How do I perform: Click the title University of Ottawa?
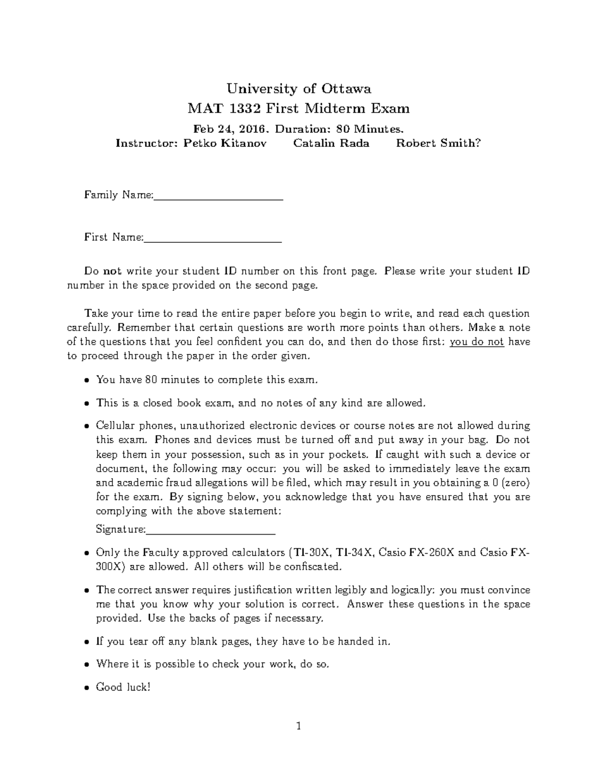pyautogui.click(x=299, y=89)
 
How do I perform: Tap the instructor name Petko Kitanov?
pyautogui.click(x=225, y=143)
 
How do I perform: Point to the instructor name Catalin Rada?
pyautogui.click(x=331, y=143)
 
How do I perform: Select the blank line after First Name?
pyautogui.click(x=213, y=241)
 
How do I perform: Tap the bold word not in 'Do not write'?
pyautogui.click(x=112, y=271)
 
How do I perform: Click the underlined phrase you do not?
pyautogui.click(x=477, y=342)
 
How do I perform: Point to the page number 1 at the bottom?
pyautogui.click(x=299, y=726)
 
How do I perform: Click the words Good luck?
pyautogui.click(x=123, y=687)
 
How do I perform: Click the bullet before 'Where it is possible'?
pyautogui.click(x=87, y=665)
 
